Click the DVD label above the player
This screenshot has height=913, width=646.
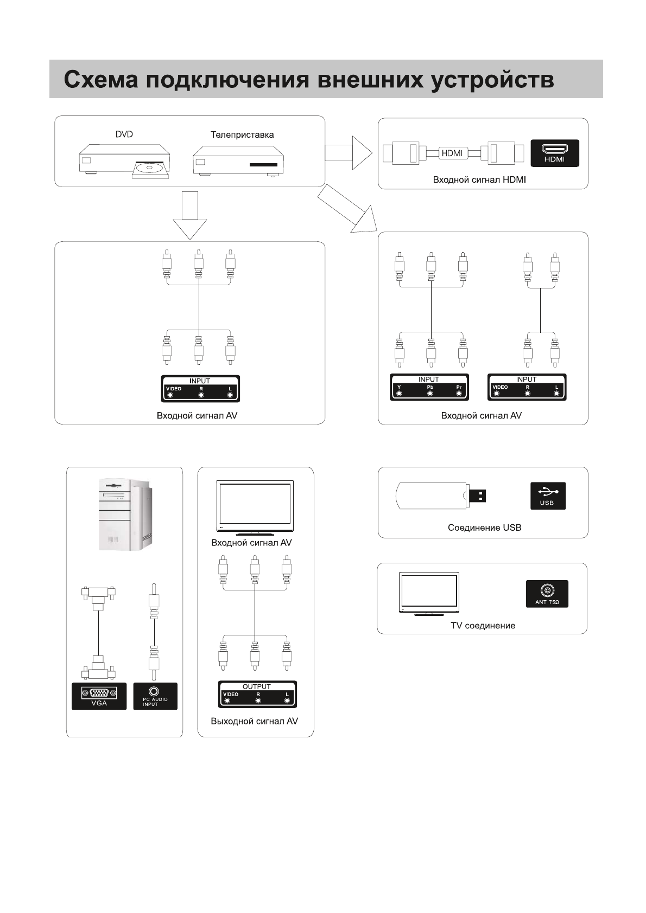coord(124,134)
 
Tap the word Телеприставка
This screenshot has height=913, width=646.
coord(242,134)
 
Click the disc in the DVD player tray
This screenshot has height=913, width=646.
coord(149,168)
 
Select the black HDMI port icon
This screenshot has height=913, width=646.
coord(555,153)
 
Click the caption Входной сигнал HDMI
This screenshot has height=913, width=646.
coord(479,180)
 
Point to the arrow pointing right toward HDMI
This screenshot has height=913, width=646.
coord(349,153)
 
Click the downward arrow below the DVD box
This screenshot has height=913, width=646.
coord(190,215)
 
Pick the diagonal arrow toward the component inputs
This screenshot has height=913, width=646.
coord(347,209)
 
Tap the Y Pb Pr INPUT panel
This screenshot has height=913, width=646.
coord(429,387)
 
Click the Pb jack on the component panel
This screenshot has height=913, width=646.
coord(430,393)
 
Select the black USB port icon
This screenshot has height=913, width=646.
coord(548,496)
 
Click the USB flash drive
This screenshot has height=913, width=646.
coord(441,496)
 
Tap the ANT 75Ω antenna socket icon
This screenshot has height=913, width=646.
coord(547,594)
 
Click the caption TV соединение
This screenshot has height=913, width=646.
coord(483,625)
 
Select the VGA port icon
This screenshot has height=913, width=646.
coord(99,696)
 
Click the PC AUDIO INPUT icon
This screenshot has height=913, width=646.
coord(155,696)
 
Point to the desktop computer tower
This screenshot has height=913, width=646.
coord(126,515)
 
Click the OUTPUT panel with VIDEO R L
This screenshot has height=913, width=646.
coord(257,694)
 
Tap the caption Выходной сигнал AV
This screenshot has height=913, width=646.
coord(254,721)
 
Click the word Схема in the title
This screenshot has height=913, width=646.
coord(101,79)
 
